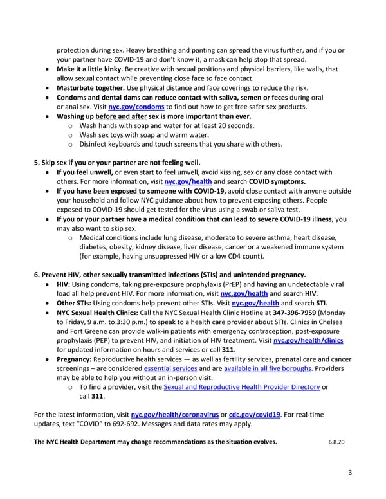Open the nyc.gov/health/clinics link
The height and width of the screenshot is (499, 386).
pyautogui.click(x=308, y=340)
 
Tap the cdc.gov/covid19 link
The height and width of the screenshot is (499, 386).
pyautogui.click(x=254, y=415)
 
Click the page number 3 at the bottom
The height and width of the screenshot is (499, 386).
pyautogui.click(x=350, y=473)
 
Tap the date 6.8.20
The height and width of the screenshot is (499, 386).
pyautogui.click(x=337, y=442)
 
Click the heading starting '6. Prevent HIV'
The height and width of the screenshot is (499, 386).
pyautogui.click(x=170, y=275)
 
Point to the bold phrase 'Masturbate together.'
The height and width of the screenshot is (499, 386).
pyautogui.click(x=93, y=87)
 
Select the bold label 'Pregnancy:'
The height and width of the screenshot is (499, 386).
pyautogui.click(x=77, y=359)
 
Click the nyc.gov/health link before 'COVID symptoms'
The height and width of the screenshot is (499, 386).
pyautogui.click(x=188, y=181)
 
